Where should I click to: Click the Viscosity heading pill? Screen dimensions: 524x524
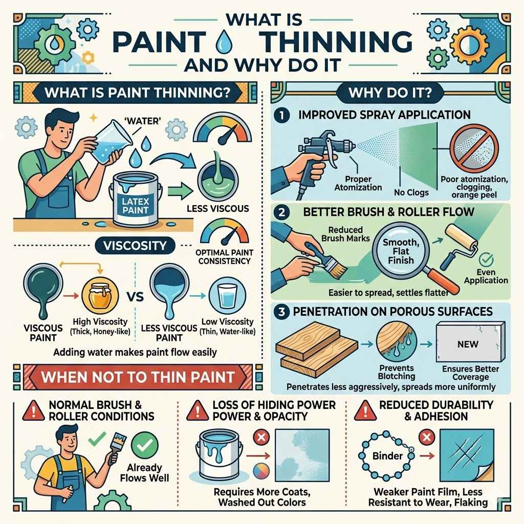coord(134,245)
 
